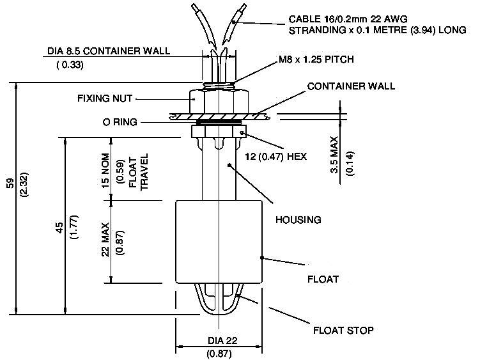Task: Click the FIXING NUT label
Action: (105, 98)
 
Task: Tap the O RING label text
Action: (120, 121)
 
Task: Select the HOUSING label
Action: (297, 219)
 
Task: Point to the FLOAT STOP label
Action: (343, 331)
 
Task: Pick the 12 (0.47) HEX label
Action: (276, 155)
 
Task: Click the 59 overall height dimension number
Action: (10, 183)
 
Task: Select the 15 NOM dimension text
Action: (105, 169)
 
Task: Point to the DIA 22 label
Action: (219, 340)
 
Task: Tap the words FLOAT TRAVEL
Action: (139, 171)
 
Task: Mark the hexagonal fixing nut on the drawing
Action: (219, 100)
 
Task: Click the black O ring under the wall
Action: (219, 121)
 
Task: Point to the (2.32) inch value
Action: (24, 185)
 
